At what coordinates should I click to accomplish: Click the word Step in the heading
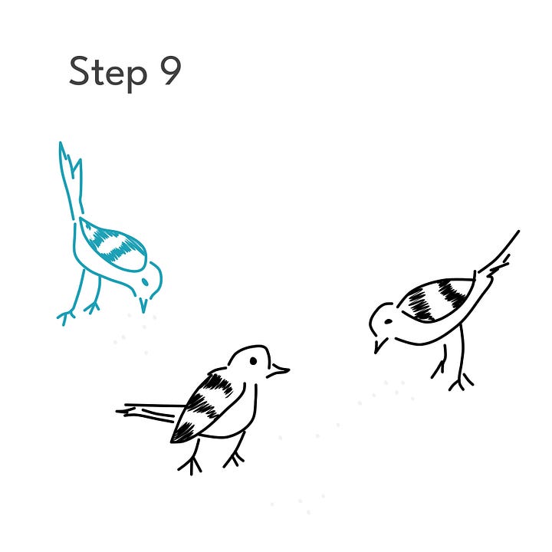[108, 74]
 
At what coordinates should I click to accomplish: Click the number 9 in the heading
[171, 71]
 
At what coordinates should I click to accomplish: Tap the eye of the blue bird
[145, 282]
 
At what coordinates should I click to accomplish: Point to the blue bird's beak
[143, 305]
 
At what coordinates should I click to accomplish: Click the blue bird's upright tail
[71, 180]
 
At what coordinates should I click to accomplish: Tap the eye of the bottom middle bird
[253, 361]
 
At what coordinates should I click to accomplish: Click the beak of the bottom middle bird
[278, 371]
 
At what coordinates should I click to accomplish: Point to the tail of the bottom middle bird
[149, 412]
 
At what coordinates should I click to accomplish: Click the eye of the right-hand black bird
[388, 321]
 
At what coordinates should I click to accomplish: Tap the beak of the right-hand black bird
[379, 345]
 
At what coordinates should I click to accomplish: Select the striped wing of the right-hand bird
[436, 299]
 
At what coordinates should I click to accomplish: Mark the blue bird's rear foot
[66, 316]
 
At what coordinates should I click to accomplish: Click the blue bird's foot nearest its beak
[92, 307]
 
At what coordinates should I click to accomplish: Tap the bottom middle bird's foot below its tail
[190, 465]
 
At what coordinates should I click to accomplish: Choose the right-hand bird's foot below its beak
[439, 370]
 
